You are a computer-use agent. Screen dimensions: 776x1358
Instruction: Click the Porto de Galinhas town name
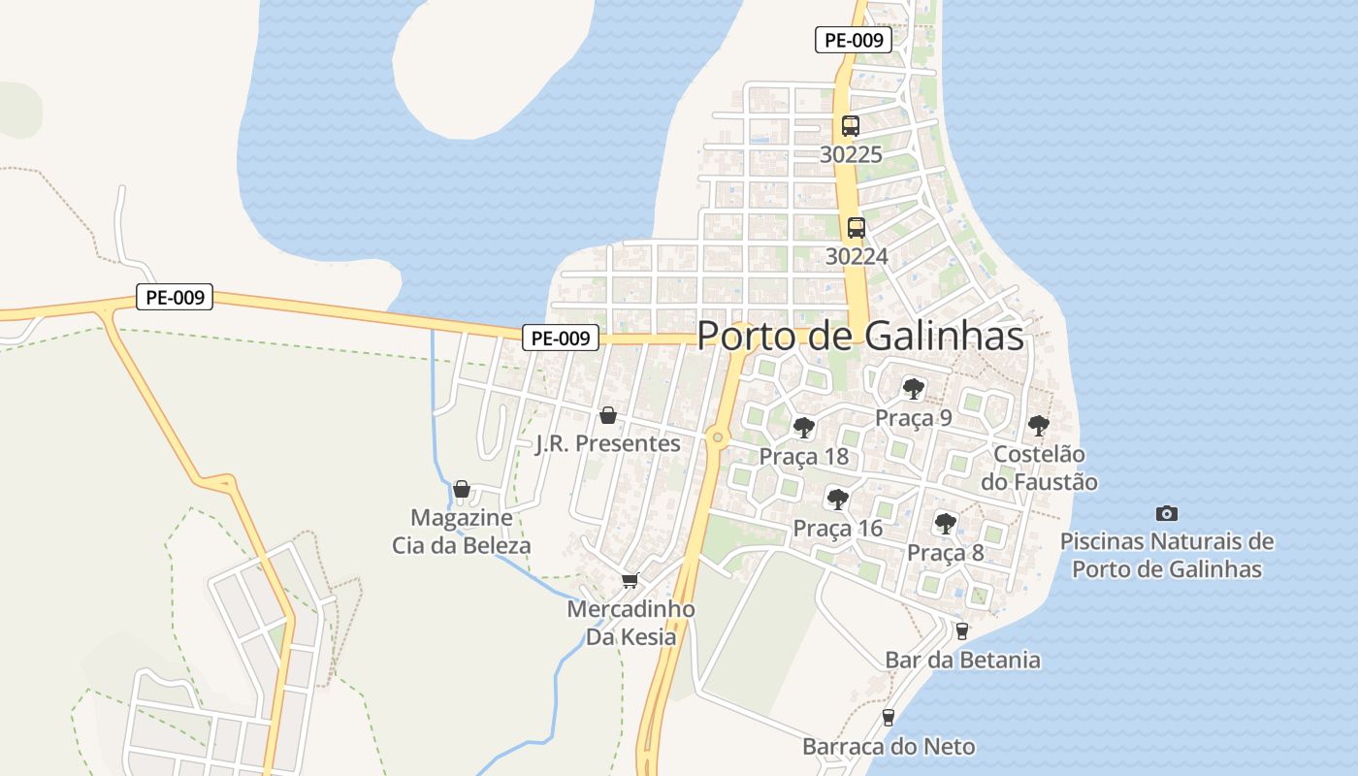point(860,336)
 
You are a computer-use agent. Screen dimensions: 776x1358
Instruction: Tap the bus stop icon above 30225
point(851,126)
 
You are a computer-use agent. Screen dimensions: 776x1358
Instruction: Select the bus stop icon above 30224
point(856,228)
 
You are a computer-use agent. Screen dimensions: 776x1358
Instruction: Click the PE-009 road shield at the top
point(853,41)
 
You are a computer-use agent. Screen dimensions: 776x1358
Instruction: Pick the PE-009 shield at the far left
point(174,298)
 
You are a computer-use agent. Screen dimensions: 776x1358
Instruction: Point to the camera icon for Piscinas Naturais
point(1167,513)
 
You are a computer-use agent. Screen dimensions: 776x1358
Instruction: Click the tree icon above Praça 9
point(913,389)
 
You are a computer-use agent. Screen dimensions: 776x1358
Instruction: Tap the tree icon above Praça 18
point(803,428)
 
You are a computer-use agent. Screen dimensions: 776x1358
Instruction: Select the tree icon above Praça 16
point(837,500)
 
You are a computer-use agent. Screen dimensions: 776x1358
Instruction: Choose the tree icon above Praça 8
point(945,524)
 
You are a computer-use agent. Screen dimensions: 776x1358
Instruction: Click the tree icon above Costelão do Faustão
point(1039,425)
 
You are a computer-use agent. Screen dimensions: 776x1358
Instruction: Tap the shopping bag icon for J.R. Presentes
point(608,415)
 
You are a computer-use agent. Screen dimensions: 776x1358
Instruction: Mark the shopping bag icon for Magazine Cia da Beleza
point(462,488)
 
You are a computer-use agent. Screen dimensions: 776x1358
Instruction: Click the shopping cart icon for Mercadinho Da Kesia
point(630,581)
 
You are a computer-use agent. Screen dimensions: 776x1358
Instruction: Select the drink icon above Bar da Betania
point(961,631)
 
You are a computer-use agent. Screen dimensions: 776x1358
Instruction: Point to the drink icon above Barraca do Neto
point(888,718)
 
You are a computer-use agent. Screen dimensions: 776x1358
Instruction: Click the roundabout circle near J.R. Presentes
point(718,437)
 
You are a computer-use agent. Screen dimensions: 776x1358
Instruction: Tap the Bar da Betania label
point(962,661)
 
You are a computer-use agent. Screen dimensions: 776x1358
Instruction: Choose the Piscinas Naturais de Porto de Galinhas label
point(1167,555)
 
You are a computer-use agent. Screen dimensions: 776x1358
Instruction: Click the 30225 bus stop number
point(851,154)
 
